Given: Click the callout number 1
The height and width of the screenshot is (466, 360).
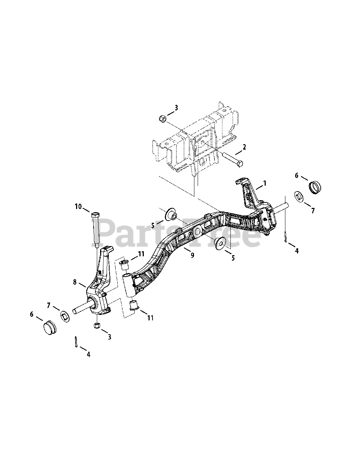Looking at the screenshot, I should [265, 183].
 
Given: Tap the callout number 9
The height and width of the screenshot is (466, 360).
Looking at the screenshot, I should [192, 255].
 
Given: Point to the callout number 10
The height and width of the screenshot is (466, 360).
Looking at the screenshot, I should [78, 206].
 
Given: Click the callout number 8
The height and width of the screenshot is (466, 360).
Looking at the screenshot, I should [75, 282].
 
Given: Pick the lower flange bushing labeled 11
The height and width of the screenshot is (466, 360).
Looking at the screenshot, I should [134, 305].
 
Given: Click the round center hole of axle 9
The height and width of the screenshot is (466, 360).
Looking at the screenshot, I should [198, 231].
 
